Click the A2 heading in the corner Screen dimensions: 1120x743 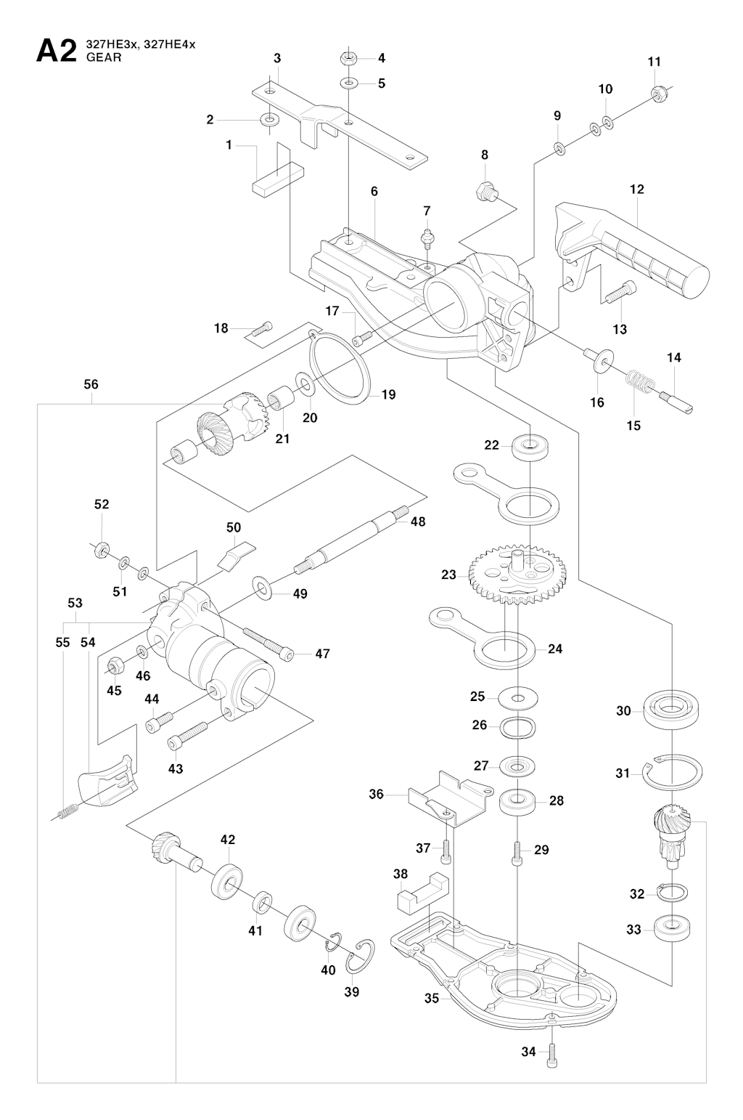(56, 52)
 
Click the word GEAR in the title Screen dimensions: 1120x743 (104, 58)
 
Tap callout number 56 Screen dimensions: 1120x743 (91, 384)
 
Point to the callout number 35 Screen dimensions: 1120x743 (432, 998)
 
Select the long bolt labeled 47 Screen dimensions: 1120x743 (268, 644)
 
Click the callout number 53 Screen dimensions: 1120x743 (75, 603)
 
